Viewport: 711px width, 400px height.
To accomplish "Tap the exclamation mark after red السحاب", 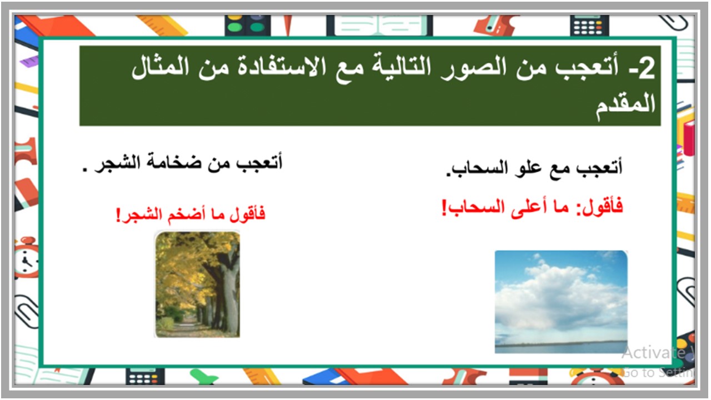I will point(444,208).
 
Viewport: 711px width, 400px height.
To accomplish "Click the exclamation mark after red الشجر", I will point(118,215).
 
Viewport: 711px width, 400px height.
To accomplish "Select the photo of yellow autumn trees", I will point(197,284).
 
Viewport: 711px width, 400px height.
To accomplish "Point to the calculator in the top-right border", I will point(589,25).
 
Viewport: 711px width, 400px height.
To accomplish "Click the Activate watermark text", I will point(653,352).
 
